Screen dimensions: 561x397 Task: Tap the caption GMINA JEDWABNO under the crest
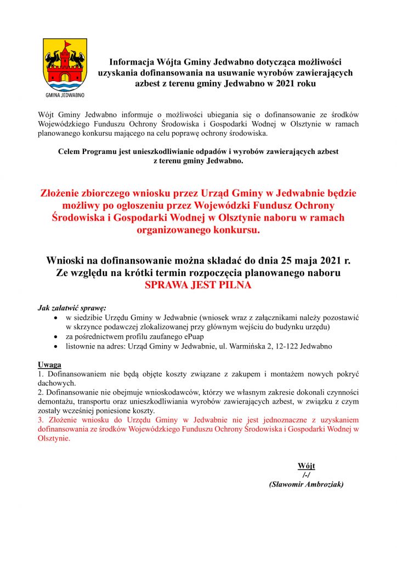click(x=65, y=95)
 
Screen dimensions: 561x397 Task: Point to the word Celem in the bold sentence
click(x=71, y=151)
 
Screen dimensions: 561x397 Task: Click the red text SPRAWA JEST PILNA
click(x=198, y=285)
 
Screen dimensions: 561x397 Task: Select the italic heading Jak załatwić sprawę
click(x=72, y=307)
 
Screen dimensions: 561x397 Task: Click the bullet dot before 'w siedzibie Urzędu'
click(x=53, y=317)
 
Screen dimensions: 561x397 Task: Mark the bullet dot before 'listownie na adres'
click(x=53, y=347)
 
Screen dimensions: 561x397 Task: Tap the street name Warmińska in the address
click(x=250, y=347)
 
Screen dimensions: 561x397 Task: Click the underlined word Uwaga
click(x=49, y=364)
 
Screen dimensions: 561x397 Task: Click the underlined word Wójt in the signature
click(x=306, y=466)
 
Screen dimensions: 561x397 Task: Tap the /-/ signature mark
click(x=306, y=475)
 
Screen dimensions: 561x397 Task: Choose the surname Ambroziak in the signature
click(x=322, y=484)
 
